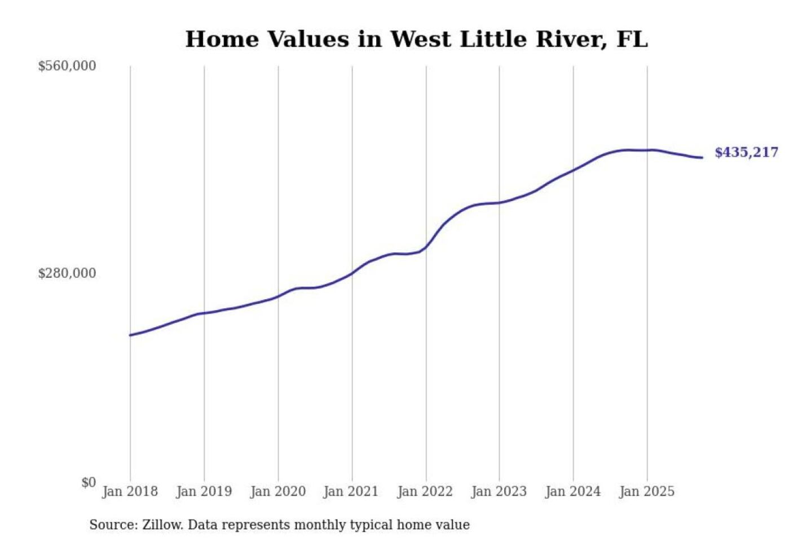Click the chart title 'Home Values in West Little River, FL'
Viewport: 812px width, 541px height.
tap(416, 39)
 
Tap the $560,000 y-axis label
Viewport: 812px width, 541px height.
tap(67, 66)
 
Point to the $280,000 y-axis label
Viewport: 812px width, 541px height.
tap(67, 273)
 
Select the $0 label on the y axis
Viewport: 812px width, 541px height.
tap(89, 482)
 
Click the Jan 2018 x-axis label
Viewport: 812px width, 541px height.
tap(130, 491)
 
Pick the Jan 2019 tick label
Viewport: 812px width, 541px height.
tap(204, 491)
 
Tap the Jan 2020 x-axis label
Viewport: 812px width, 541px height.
tap(277, 491)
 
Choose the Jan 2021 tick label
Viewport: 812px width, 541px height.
tap(351, 491)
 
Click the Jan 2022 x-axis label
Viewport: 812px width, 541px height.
tap(425, 491)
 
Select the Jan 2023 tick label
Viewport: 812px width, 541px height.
tap(498, 491)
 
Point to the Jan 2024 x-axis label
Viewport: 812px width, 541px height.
tap(572, 491)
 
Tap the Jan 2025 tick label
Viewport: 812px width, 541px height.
tap(646, 491)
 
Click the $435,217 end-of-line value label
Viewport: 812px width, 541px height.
tap(746, 152)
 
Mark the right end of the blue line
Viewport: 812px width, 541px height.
tap(701, 157)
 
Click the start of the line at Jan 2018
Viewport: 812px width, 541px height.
tap(130, 335)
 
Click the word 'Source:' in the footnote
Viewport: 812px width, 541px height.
tap(113, 525)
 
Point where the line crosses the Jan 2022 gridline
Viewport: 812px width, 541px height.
tap(426, 247)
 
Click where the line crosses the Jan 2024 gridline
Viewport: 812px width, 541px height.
tap(573, 170)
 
